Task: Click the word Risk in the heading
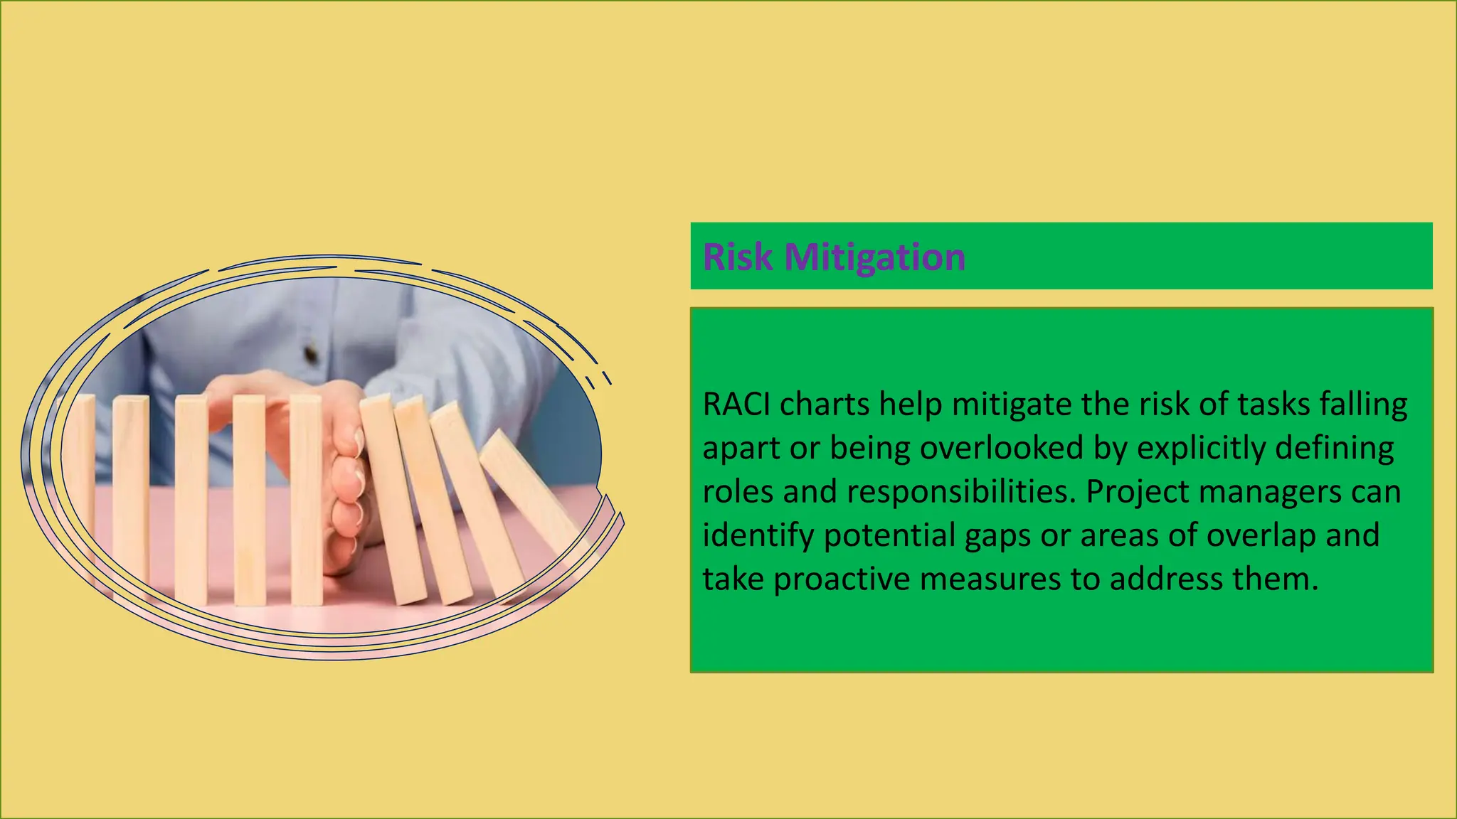[737, 257]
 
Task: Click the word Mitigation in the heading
[874, 257]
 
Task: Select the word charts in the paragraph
[825, 405]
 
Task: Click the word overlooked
[1002, 448]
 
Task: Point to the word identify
[758, 535]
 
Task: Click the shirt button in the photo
[311, 352]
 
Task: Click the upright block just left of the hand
[306, 498]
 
